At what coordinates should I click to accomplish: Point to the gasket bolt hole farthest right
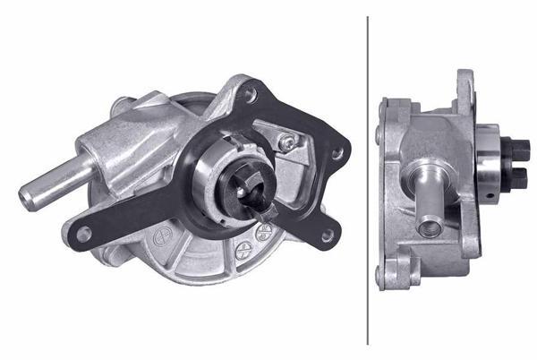click(337, 154)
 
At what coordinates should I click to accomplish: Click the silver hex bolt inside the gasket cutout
click(286, 141)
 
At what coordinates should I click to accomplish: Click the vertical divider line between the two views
click(368, 179)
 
